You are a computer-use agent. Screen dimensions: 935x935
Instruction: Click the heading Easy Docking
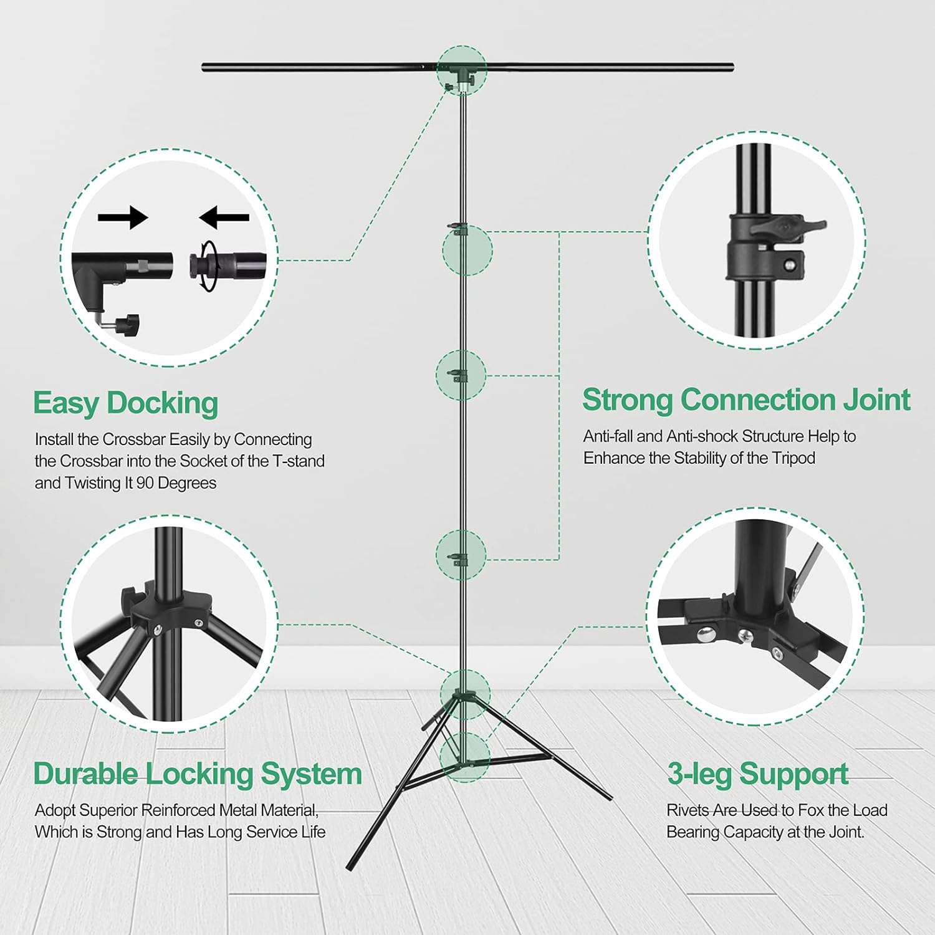click(125, 403)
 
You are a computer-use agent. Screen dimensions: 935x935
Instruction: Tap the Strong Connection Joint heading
click(746, 400)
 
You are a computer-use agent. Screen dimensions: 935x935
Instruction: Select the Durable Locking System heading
click(198, 774)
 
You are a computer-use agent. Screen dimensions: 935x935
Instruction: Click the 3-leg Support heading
click(757, 774)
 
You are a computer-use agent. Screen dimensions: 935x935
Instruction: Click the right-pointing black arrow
click(123, 218)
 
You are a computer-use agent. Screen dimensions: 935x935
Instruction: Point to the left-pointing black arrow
click(224, 218)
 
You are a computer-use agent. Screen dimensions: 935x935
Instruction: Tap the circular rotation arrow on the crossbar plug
click(208, 265)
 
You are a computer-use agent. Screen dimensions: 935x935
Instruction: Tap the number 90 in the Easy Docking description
click(145, 483)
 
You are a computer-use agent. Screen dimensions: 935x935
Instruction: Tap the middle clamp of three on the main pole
click(460, 375)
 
